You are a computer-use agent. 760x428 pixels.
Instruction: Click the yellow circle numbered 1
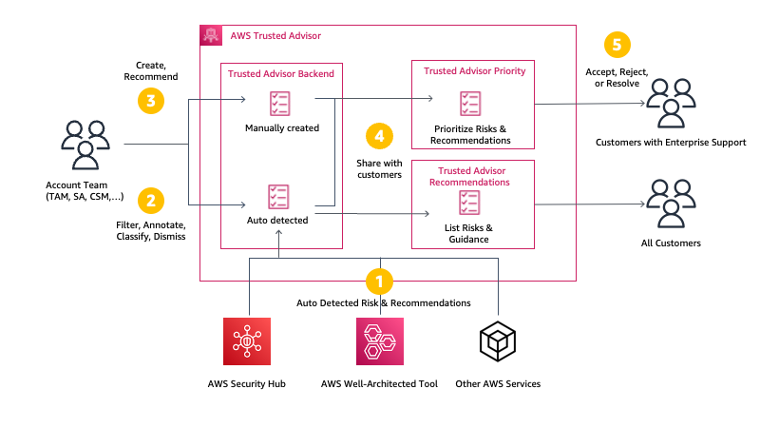(379, 281)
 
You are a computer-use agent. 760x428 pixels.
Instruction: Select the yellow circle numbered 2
(150, 200)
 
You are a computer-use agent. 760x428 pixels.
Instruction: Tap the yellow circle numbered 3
(150, 100)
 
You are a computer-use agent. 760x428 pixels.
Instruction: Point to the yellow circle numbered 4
(379, 136)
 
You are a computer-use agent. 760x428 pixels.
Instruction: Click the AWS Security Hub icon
(247, 341)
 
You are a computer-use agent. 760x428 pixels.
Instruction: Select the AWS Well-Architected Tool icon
(379, 341)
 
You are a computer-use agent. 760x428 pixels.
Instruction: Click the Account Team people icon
(85, 144)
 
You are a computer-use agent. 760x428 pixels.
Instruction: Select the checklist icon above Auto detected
(280, 197)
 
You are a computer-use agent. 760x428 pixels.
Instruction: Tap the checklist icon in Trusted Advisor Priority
(470, 104)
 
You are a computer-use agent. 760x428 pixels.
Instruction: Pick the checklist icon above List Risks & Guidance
(470, 203)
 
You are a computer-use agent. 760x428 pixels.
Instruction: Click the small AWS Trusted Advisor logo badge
(211, 35)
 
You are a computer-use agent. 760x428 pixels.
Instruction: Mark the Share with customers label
(379, 169)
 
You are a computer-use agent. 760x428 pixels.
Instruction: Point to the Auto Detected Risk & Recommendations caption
(383, 302)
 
